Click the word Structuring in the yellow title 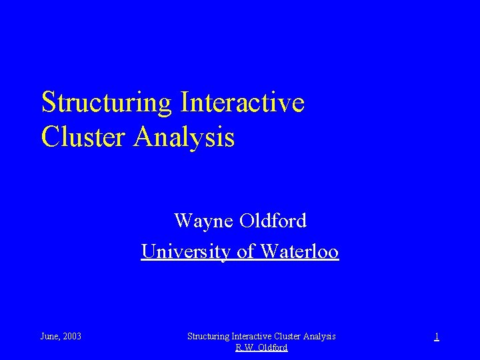pos(107,103)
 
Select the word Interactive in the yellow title pos(242,103)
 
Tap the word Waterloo pos(300,252)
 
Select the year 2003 pos(72,337)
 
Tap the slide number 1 pos(437,337)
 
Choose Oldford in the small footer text pos(273,348)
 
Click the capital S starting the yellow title pos(48,103)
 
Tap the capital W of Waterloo pos(269,252)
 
